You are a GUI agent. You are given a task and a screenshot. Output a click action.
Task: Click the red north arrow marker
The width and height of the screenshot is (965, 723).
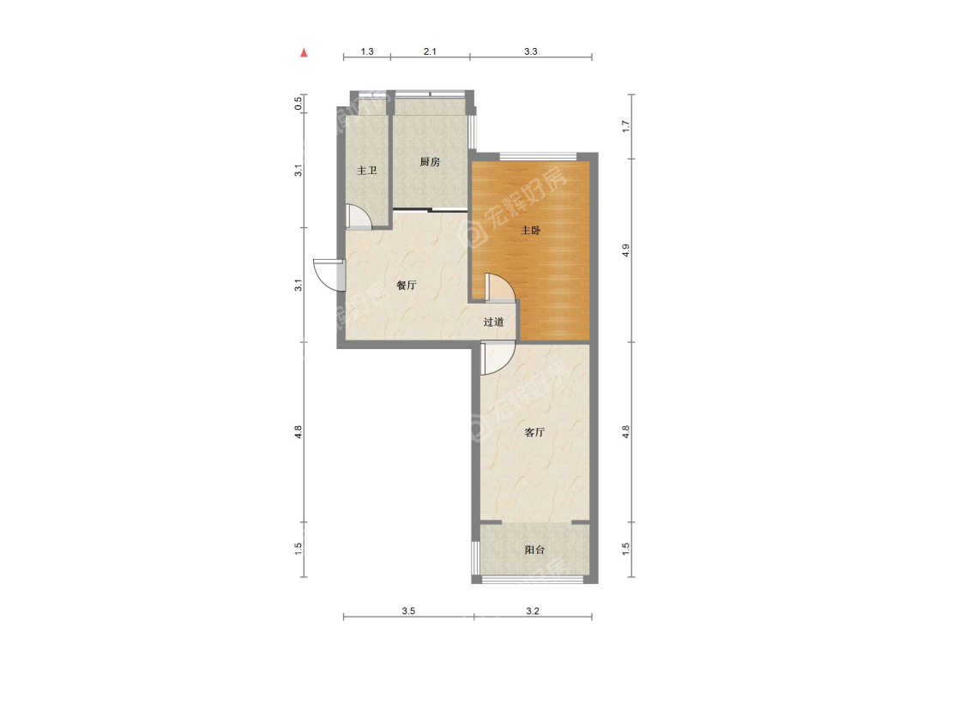tap(304, 53)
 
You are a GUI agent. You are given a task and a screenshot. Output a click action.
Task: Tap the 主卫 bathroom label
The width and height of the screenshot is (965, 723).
tap(367, 171)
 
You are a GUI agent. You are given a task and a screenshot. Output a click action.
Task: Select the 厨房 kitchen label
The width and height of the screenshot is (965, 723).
tap(430, 162)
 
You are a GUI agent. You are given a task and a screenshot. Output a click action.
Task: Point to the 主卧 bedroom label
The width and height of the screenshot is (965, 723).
tap(530, 230)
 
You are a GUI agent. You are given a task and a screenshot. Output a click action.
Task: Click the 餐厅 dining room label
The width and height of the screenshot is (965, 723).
tap(407, 285)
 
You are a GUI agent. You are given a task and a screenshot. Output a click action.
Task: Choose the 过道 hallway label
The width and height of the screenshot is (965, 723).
tap(493, 322)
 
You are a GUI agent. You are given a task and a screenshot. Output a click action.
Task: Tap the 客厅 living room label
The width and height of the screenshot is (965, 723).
tap(534, 432)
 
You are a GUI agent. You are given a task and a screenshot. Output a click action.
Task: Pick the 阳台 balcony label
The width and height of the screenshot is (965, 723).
tap(534, 550)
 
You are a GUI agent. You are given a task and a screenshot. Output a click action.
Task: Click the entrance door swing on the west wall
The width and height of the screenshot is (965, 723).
tap(327, 275)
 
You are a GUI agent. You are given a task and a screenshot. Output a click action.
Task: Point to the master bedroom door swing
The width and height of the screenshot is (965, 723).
tap(499, 287)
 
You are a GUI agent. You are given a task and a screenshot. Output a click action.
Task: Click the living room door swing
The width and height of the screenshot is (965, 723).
tap(498, 358)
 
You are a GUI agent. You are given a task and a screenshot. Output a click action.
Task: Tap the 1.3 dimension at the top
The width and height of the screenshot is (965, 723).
tap(367, 51)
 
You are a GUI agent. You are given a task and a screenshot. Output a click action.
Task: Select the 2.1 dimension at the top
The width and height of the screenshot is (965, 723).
tap(430, 51)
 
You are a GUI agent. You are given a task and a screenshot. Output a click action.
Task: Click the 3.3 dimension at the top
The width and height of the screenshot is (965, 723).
tap(530, 51)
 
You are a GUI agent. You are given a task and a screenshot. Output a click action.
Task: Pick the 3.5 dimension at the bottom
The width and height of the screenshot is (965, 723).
tap(408, 611)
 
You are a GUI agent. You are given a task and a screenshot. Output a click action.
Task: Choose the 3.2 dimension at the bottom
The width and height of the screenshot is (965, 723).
tap(533, 611)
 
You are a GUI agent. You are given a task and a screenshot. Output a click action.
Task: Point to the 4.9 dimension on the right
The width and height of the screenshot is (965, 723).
tap(626, 250)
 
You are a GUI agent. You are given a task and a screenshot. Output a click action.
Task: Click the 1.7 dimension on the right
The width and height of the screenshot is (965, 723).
tap(626, 126)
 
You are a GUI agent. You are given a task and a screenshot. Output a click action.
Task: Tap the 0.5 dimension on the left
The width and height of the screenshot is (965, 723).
tap(298, 104)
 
